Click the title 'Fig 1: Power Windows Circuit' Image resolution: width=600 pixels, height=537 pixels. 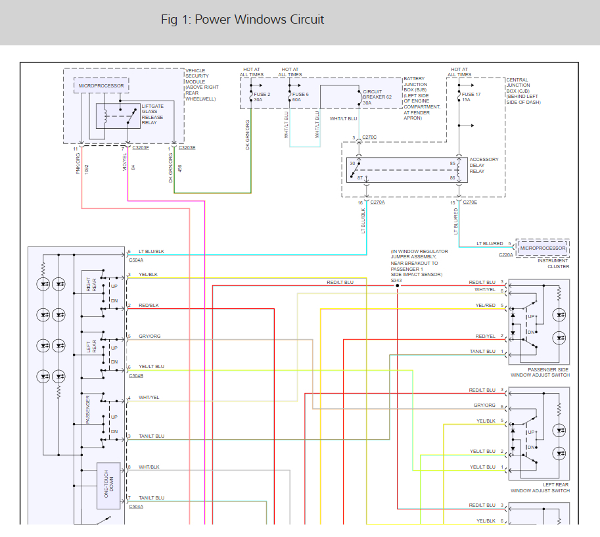coord(242,20)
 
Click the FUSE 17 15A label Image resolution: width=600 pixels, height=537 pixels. coord(471,97)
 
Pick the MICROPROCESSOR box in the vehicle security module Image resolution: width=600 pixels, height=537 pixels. coord(101,86)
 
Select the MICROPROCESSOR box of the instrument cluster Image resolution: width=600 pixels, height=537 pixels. coord(543,248)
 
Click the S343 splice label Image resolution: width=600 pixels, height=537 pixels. coord(396,281)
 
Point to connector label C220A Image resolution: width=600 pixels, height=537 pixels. coord(505,254)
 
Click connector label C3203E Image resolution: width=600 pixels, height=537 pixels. coord(187,148)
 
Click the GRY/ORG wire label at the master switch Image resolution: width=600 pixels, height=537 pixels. coord(149,337)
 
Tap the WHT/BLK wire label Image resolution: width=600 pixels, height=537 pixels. coord(149,467)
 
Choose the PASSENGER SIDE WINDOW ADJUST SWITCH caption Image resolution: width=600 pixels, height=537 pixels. coord(539,372)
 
